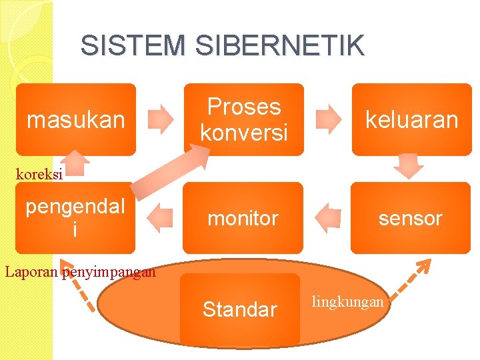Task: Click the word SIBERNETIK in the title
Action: point(280,45)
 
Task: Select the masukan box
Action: point(75,119)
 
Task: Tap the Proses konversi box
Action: point(243,119)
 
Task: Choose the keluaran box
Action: point(411,119)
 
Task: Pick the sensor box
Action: point(410,218)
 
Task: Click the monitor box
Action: point(243,218)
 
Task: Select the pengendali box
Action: point(75,218)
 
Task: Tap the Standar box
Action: point(239,309)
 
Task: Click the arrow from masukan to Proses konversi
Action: point(160,119)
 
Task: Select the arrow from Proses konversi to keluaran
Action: point(327,119)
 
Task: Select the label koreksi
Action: point(39,175)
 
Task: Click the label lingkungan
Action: point(347,302)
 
